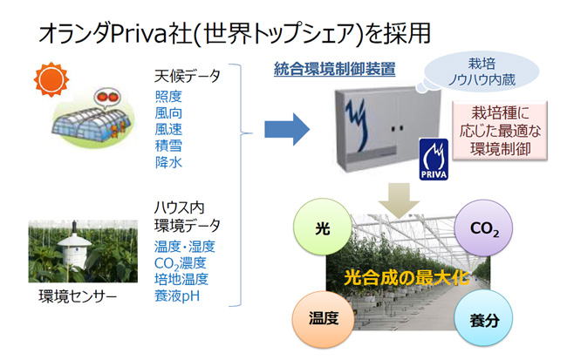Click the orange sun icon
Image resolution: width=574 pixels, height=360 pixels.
point(51,79)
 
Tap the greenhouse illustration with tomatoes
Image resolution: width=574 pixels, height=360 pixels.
point(93,118)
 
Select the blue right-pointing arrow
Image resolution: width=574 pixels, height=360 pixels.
point(287,129)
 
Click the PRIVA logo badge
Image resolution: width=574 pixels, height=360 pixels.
point(434,160)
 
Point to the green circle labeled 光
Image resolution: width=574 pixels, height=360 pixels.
point(323,227)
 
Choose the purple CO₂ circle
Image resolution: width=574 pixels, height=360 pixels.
point(483,228)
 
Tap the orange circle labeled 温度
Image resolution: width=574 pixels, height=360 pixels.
point(324,319)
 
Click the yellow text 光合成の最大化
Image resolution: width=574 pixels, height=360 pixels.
point(407,278)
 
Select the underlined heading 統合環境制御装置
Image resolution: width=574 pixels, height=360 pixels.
point(335,69)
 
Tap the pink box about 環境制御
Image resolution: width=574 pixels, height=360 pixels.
point(500,131)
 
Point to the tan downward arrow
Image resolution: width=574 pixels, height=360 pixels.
point(399,200)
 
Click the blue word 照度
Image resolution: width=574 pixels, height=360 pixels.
point(168,97)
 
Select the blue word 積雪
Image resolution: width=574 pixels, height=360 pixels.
point(168,146)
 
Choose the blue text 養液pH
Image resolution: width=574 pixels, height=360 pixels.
point(177,295)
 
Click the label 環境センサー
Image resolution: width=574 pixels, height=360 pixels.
point(78,296)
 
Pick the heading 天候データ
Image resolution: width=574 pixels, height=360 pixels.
point(187,76)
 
